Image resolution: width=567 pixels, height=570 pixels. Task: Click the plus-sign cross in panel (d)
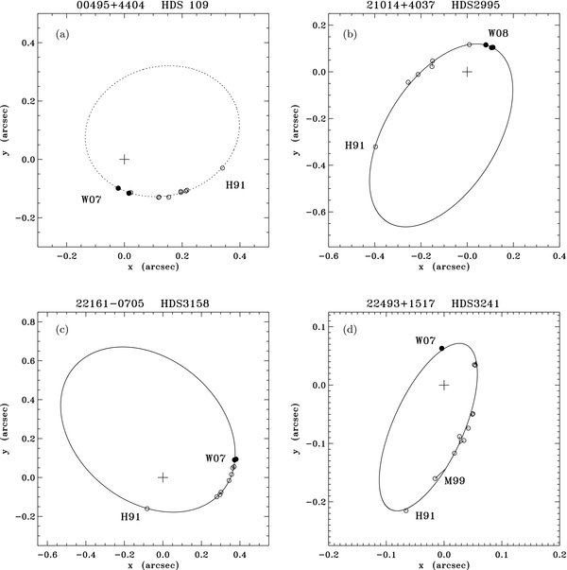[443, 385]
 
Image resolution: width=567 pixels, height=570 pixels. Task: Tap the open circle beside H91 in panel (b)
[375, 147]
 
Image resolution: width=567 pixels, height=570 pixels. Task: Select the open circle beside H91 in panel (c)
[147, 509]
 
